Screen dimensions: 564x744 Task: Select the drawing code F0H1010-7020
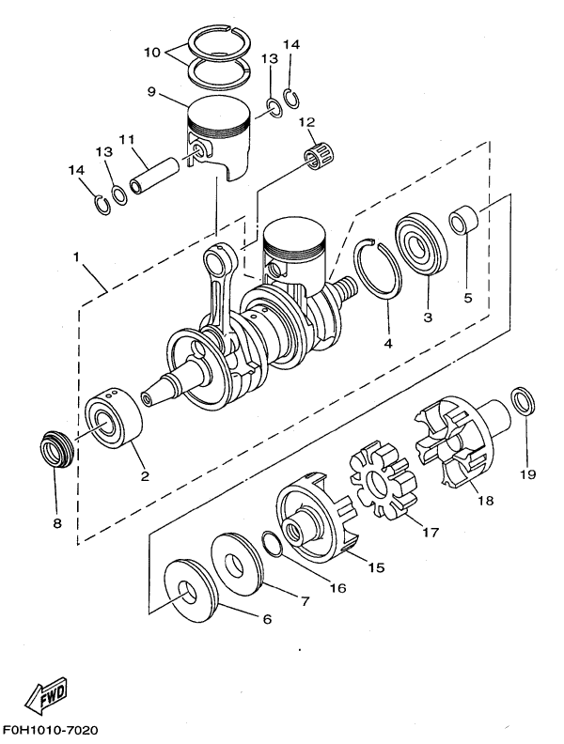pyautogui.click(x=50, y=730)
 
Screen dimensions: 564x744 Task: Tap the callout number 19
pyautogui.click(x=527, y=473)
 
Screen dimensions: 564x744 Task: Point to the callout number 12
pyautogui.click(x=307, y=122)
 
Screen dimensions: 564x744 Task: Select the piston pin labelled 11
pyautogui.click(x=155, y=177)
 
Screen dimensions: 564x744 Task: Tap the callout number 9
pyautogui.click(x=151, y=91)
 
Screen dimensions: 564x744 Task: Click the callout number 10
pyautogui.click(x=152, y=52)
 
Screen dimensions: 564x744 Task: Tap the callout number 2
pyautogui.click(x=145, y=475)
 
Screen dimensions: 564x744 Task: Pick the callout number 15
pyautogui.click(x=377, y=567)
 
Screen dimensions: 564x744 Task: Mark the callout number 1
pyautogui.click(x=75, y=257)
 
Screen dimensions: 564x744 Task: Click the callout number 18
pyautogui.click(x=486, y=500)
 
